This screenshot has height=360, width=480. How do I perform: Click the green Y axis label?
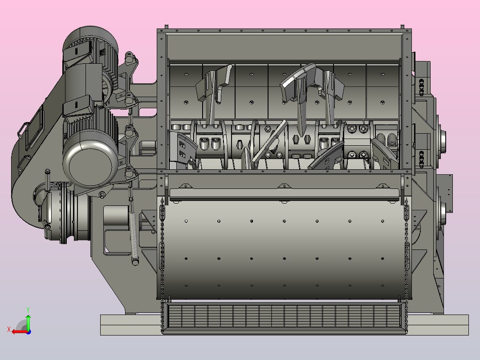click(x=28, y=310)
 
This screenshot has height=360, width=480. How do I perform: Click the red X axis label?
click(x=9, y=330)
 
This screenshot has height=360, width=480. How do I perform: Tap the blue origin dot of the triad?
click(x=28, y=332)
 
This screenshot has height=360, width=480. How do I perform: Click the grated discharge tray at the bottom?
click(x=284, y=315)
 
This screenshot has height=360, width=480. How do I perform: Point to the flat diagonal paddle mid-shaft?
click(x=270, y=141)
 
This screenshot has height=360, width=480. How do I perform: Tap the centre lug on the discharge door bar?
click(x=284, y=186)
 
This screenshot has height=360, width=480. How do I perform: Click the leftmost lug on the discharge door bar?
click(x=185, y=186)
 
